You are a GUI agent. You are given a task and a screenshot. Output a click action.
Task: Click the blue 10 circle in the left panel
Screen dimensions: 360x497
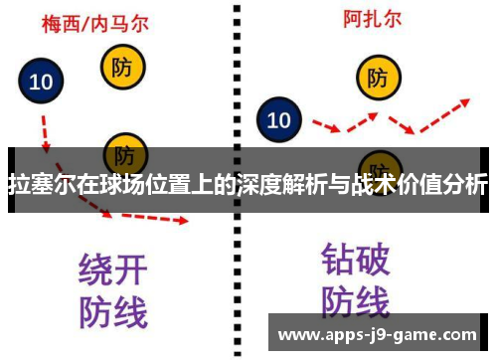coord(41,83)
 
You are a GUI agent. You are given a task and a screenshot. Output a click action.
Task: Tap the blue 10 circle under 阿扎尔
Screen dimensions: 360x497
coord(279,121)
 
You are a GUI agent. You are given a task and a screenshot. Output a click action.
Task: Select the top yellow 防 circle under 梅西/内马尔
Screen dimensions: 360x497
coord(122,67)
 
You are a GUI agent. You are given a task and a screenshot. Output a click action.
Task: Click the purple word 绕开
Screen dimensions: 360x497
coord(112,270)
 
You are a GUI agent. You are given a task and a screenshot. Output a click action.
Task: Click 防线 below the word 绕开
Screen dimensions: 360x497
coord(112,311)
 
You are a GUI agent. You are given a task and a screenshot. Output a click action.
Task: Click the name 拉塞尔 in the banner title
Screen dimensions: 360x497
coord(39,185)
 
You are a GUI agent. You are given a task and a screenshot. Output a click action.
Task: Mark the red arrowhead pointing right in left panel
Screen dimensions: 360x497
coord(179,219)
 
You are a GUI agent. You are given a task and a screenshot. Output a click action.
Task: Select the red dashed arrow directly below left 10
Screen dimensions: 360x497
coord(44,127)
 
